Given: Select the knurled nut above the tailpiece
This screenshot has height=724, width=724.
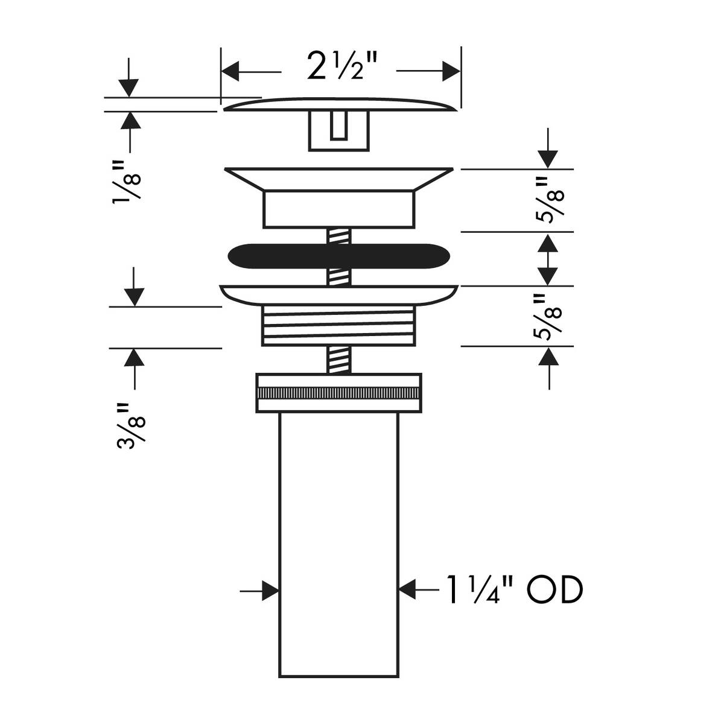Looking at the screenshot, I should pos(338,393).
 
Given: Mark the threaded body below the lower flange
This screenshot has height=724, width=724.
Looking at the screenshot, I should pos(338,326).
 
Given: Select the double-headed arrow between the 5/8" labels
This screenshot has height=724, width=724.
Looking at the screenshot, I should pos(548,259).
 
